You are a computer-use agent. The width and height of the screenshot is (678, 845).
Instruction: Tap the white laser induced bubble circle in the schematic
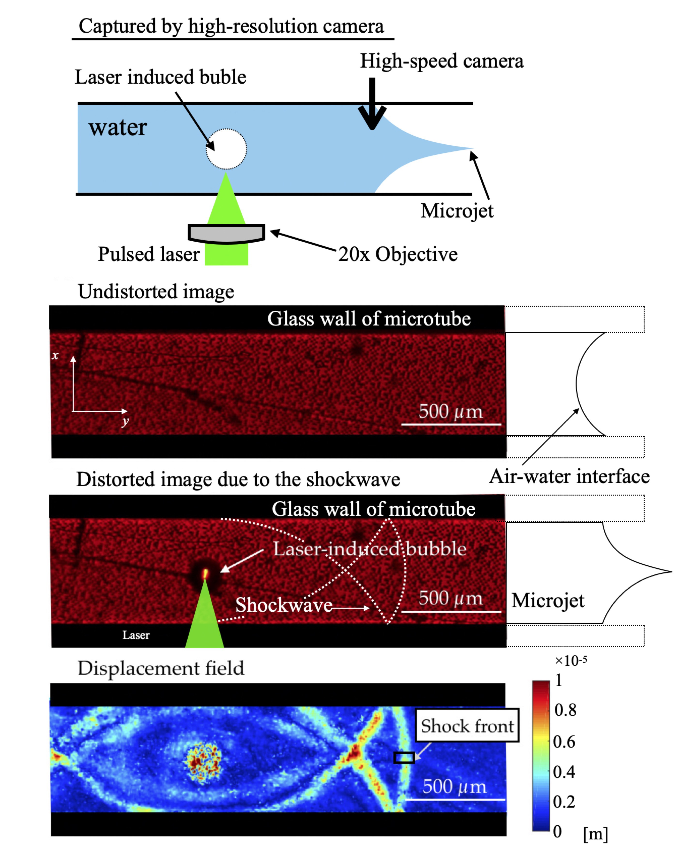226,149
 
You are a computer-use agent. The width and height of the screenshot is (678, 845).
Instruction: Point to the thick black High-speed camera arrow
372,104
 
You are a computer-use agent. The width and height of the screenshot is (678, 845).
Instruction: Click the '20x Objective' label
398,254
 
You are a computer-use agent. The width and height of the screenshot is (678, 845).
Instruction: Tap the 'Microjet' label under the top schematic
457,211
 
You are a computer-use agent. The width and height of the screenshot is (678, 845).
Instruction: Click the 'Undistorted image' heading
156,292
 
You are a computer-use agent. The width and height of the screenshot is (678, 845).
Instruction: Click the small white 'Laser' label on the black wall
136,635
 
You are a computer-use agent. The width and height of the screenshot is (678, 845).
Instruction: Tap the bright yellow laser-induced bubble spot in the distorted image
205,574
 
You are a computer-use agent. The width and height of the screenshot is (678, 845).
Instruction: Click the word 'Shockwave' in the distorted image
284,605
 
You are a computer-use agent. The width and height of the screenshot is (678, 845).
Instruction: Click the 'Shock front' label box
467,726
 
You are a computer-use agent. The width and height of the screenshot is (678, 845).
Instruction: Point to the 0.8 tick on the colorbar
565,710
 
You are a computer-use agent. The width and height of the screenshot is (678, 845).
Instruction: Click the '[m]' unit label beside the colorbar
595,834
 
